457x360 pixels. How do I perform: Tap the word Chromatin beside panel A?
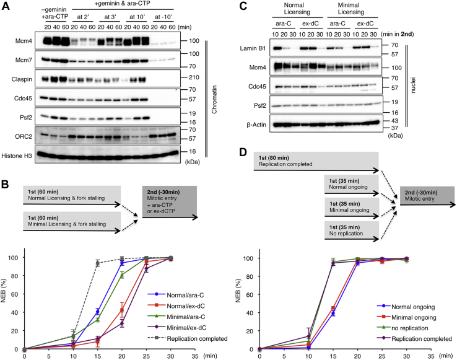pyautogui.click(x=209, y=93)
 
